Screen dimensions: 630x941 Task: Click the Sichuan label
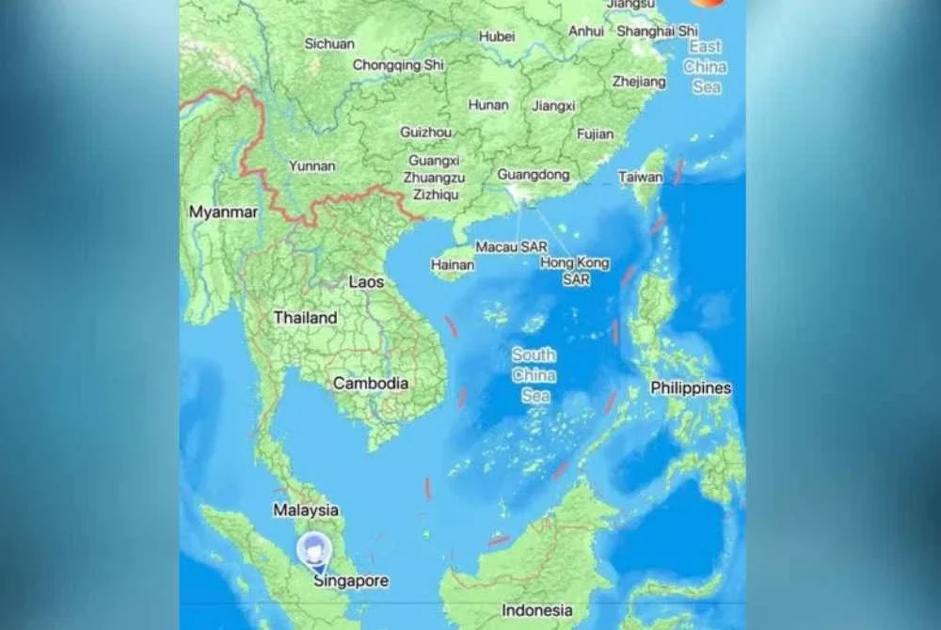click(329, 43)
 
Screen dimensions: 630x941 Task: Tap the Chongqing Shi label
click(398, 65)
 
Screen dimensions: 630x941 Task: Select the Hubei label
click(497, 36)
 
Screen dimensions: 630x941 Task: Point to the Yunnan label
click(311, 165)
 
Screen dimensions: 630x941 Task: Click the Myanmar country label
click(223, 213)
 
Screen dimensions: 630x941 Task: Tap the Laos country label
click(366, 281)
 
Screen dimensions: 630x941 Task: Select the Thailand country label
click(305, 318)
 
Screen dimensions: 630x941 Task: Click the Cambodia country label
click(371, 383)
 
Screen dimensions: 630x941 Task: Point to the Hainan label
click(453, 265)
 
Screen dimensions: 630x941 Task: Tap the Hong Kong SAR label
click(575, 271)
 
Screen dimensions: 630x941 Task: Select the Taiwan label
click(640, 177)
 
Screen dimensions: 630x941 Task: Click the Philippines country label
click(691, 387)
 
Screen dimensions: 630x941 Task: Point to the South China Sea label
click(534, 375)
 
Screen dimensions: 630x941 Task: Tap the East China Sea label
click(705, 66)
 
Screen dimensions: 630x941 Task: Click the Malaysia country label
click(306, 510)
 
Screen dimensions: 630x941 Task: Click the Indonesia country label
click(536, 610)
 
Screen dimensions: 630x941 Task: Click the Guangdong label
click(533, 175)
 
